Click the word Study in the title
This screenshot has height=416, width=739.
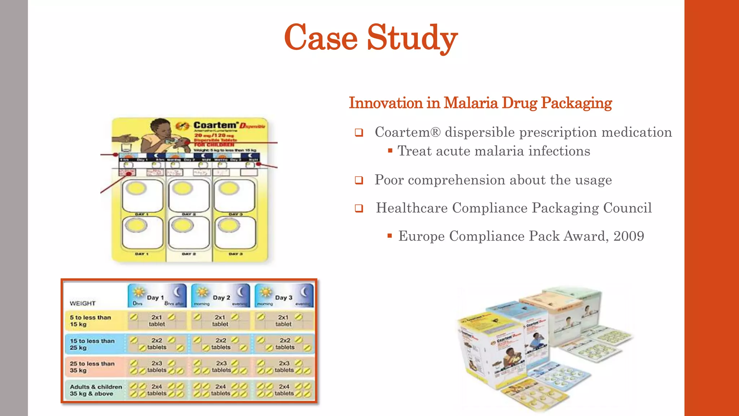[x=412, y=38]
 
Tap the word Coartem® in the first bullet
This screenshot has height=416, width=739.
[x=407, y=132]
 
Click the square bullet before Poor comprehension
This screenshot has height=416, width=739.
[x=359, y=180]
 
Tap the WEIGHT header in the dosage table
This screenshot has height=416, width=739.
[x=83, y=303]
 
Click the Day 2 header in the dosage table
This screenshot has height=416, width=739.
[x=221, y=298]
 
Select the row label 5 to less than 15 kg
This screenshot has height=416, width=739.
[x=90, y=321]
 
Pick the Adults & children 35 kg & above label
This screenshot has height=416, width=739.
[x=96, y=390]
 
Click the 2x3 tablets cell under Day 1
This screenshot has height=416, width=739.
[x=157, y=367]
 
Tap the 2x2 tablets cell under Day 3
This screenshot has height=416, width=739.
[x=285, y=344]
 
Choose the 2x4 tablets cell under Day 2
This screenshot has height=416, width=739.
[x=220, y=390]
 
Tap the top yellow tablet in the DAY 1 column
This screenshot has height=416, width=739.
[x=136, y=188]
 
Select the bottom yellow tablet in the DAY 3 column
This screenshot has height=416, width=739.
[x=229, y=226]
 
